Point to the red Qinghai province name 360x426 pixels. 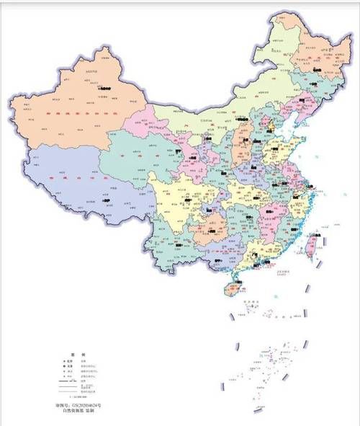(140, 155)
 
